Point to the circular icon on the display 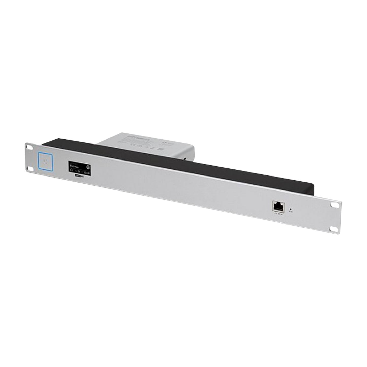pos(88,167)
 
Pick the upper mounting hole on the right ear pos(333,204)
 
